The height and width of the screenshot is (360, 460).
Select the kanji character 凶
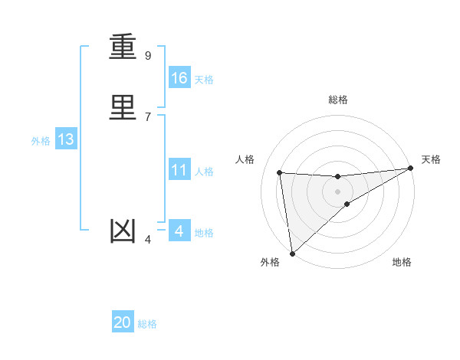[x=124, y=231]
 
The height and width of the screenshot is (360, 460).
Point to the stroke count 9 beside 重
[x=148, y=56]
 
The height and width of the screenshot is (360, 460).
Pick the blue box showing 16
[x=179, y=78]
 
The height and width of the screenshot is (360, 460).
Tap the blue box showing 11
[x=179, y=170]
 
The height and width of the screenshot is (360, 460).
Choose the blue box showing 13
[x=66, y=139]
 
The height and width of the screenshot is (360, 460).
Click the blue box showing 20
[x=123, y=322]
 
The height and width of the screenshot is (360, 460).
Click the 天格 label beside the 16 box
[x=204, y=80]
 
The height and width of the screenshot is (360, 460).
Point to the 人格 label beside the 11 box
[x=204, y=172]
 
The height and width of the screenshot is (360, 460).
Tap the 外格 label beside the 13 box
[x=41, y=141]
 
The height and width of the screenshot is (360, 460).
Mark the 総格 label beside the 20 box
[x=147, y=324]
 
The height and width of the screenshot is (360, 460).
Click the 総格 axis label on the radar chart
[x=338, y=100]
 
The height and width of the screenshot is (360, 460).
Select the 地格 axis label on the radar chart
[x=402, y=263]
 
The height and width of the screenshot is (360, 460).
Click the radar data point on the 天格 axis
[x=410, y=169]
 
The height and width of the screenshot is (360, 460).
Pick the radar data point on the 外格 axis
[x=292, y=253]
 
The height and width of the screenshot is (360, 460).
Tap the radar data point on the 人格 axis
[x=280, y=172]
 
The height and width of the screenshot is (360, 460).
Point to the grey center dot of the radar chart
[x=337, y=191]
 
